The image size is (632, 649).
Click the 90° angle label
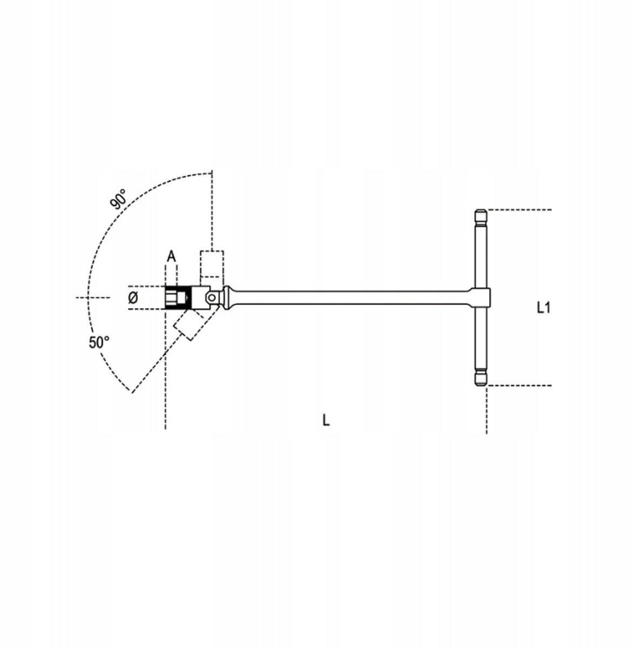click(118, 198)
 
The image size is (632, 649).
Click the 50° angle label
click(99, 342)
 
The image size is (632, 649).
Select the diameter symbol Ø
click(134, 297)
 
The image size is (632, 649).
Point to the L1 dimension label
click(543, 308)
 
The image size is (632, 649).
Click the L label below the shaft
click(326, 420)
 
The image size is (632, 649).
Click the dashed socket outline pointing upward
click(212, 265)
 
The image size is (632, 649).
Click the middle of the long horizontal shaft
click(351, 297)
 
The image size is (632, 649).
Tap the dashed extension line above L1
click(519, 209)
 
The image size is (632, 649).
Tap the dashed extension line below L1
click(519, 385)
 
